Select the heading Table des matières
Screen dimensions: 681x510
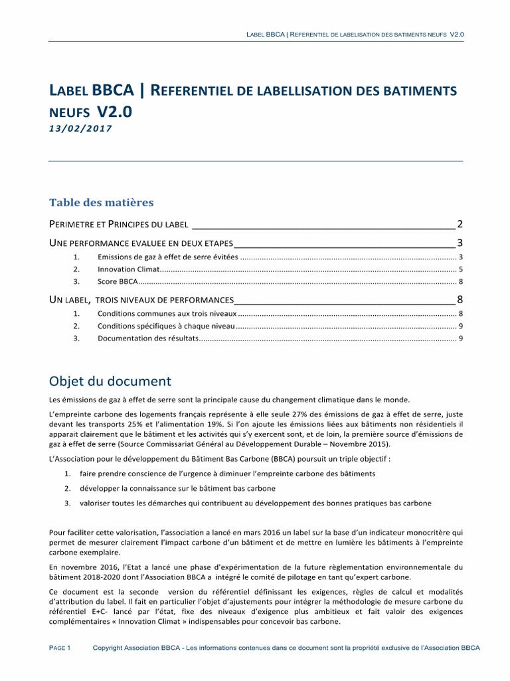point(102,202)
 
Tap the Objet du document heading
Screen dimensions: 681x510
point(110,381)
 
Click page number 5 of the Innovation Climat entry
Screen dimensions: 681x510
point(460,269)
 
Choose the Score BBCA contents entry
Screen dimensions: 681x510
point(118,282)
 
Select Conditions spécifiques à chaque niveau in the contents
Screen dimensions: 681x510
point(165,326)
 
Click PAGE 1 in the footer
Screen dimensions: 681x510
point(60,648)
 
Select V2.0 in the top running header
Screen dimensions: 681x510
point(456,35)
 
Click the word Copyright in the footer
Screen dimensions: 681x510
point(110,648)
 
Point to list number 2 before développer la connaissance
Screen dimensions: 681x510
point(68,488)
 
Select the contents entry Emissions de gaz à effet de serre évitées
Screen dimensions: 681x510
point(168,257)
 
